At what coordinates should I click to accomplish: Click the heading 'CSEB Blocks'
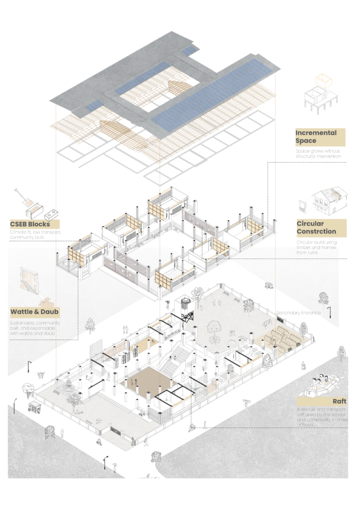coord(29,224)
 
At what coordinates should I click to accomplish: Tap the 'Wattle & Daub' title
coord(35,312)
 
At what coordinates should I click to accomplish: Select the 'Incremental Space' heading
coord(316,137)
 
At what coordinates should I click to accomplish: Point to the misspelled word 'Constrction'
coord(317,232)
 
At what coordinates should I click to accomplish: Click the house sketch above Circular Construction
coord(329,199)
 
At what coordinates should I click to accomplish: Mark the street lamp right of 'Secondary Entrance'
coord(329,313)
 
